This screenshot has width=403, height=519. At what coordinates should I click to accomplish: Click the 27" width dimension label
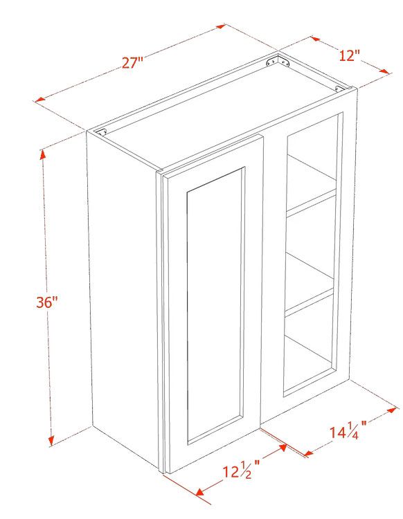(x=132, y=62)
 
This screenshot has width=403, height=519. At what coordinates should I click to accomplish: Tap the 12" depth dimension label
(x=349, y=55)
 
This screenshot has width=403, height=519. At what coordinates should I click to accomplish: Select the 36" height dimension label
(x=47, y=302)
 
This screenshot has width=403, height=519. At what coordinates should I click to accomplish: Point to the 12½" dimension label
(x=240, y=471)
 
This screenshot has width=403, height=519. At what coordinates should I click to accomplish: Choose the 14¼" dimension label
(x=348, y=431)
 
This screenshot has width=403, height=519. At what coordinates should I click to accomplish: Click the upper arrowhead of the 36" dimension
(x=43, y=154)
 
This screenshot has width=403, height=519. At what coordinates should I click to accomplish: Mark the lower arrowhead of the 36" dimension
(x=51, y=441)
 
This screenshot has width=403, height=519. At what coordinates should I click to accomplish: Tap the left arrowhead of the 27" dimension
(x=40, y=100)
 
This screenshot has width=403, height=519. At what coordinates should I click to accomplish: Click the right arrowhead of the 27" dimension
(x=221, y=26)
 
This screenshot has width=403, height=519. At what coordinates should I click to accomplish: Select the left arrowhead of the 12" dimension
(x=315, y=39)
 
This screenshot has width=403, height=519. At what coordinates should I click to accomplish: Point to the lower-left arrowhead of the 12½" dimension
(x=200, y=492)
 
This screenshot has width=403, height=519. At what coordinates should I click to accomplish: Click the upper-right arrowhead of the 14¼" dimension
(x=392, y=410)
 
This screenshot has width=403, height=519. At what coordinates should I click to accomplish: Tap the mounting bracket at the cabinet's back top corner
(x=278, y=62)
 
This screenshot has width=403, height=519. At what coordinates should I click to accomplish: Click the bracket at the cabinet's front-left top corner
(x=100, y=131)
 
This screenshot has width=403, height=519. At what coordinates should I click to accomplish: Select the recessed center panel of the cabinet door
(x=215, y=304)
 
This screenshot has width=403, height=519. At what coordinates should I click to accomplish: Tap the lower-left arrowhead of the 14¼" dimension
(x=309, y=453)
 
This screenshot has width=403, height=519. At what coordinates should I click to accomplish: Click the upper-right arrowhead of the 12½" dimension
(x=283, y=448)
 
